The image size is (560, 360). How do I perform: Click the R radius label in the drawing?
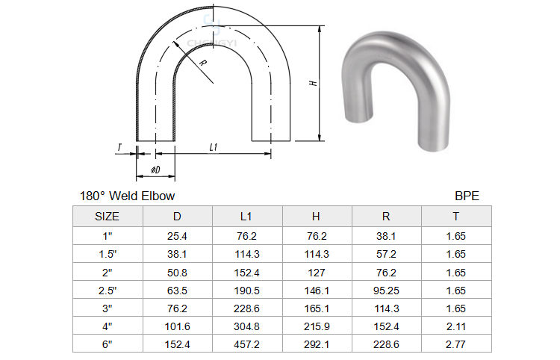coord(203,63)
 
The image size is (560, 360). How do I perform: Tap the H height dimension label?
coord(313,83)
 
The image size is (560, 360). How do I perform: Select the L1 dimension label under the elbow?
coord(214,147)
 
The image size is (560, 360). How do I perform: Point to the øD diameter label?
coord(155,170)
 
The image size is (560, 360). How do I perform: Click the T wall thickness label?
coord(119,147)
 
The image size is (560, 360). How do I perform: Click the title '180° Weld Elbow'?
coord(127,196)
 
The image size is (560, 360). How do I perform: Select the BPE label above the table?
coord(467,196)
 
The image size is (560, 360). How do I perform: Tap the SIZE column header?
coord(107,217)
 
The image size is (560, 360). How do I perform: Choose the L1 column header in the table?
coord(246,217)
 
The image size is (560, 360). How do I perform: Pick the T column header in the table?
coord(455,217)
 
